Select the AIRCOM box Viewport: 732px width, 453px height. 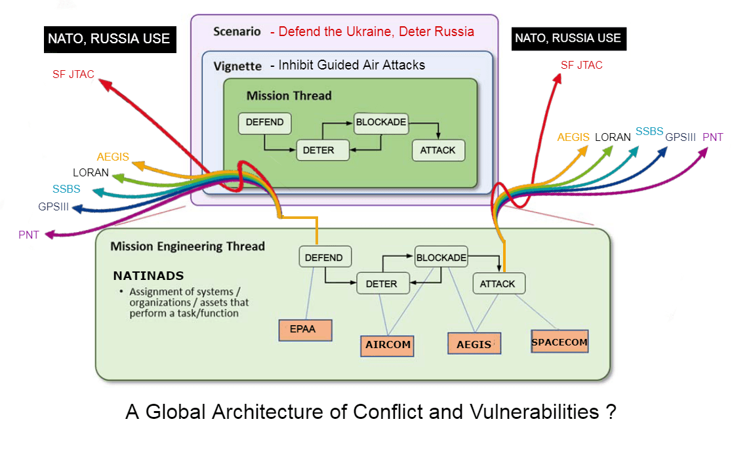tap(387, 345)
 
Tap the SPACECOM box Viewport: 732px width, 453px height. tap(559, 342)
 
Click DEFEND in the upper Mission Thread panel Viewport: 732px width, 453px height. tap(264, 123)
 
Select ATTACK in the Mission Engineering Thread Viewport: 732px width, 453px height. tap(498, 284)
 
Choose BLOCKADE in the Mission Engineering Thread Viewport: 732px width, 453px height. tap(441, 258)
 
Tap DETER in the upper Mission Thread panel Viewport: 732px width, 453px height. tap(318, 150)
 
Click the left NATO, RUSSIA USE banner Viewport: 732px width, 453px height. tap(109, 39)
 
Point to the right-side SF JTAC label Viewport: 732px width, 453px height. tap(581, 65)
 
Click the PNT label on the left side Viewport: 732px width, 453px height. tap(29, 235)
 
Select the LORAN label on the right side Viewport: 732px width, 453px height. tap(612, 138)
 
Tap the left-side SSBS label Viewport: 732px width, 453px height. tap(66, 189)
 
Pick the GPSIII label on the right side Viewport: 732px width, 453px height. tap(680, 137)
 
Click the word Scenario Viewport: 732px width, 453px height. tap(237, 31)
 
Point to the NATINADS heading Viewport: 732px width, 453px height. tap(148, 275)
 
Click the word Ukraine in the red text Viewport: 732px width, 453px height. tap(354, 31)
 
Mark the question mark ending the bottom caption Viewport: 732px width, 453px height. tap(610, 412)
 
